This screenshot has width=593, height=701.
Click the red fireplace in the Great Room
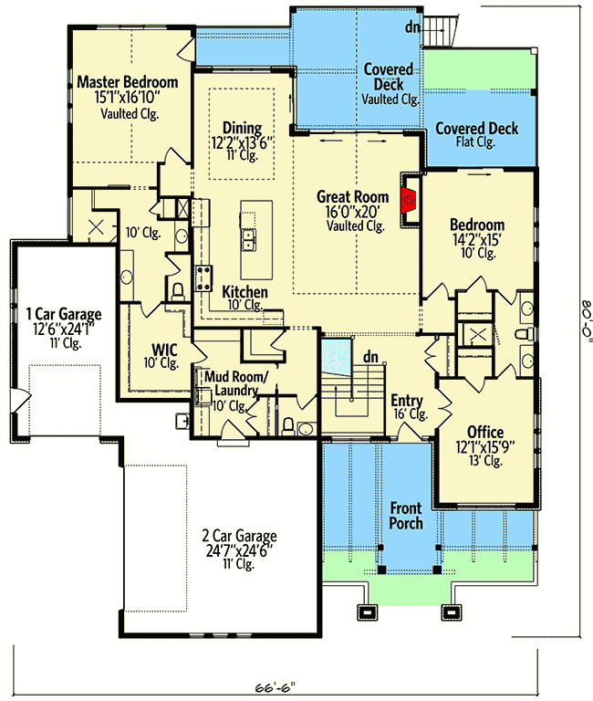[x=409, y=199]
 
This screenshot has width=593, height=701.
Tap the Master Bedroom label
[x=128, y=82]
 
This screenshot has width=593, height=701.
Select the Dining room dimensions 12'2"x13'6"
[x=242, y=142]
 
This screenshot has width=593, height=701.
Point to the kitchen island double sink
[x=248, y=240]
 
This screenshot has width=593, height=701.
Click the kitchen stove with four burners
[x=203, y=278]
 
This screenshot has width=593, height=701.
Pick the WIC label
[x=164, y=350]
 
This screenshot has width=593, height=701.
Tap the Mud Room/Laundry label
[x=236, y=383]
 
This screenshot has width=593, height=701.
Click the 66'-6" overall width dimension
[x=276, y=687]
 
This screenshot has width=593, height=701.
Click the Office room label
[x=485, y=432]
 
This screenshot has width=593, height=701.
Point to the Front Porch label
[x=406, y=516]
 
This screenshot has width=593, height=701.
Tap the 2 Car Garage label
[x=239, y=535]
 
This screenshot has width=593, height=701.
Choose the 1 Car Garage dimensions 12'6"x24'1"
[x=64, y=329]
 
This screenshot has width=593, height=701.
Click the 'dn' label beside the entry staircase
[x=370, y=357]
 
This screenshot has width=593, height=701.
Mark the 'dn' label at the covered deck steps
[x=412, y=27]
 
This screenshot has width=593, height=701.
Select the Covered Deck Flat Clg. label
[x=476, y=134]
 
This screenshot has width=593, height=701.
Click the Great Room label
[x=352, y=196]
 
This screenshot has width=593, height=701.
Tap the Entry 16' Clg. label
[x=409, y=406]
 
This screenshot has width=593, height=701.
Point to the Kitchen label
[x=244, y=292]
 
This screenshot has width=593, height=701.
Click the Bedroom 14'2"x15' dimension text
[x=477, y=240]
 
